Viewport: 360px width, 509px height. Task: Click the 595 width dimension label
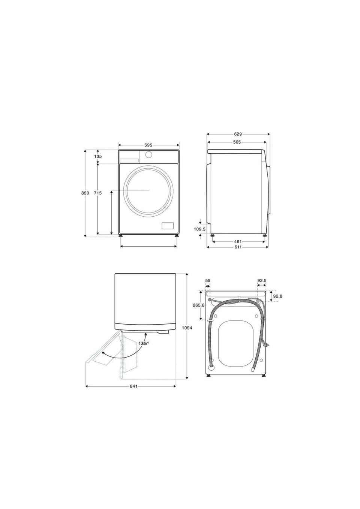pyautogui.click(x=148, y=145)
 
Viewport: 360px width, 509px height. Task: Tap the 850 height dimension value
pyautogui.click(x=85, y=193)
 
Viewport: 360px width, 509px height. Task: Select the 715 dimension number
pyautogui.click(x=98, y=193)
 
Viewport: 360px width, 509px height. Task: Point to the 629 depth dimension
pyautogui.click(x=238, y=134)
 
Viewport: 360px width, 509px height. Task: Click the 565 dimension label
pyautogui.click(x=237, y=142)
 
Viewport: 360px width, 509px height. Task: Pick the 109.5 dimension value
pyautogui.click(x=199, y=229)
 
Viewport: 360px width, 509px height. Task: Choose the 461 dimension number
pyautogui.click(x=238, y=242)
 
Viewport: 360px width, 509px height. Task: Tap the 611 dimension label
pyautogui.click(x=238, y=247)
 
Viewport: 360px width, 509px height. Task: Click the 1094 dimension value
pyautogui.click(x=187, y=328)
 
